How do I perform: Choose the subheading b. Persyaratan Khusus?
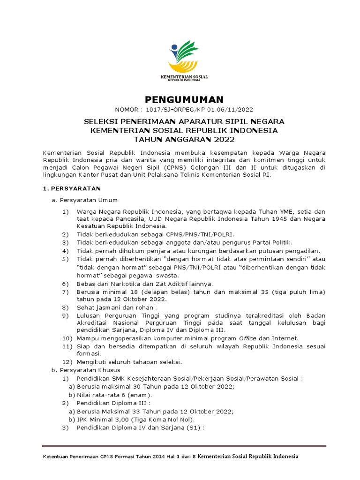(86, 370)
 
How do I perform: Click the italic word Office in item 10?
(248, 338)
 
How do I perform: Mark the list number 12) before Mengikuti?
(67, 362)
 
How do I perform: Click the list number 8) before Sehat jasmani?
(66, 307)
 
